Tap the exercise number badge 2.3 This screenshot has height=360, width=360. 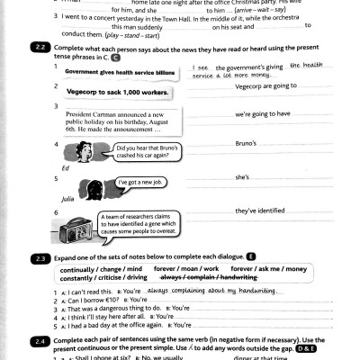coord(40,258)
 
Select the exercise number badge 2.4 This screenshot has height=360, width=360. coord(40,342)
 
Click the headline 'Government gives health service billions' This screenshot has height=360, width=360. coord(120,71)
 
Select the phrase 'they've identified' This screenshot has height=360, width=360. coord(259,211)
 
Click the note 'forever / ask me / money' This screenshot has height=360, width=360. coord(268,268)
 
